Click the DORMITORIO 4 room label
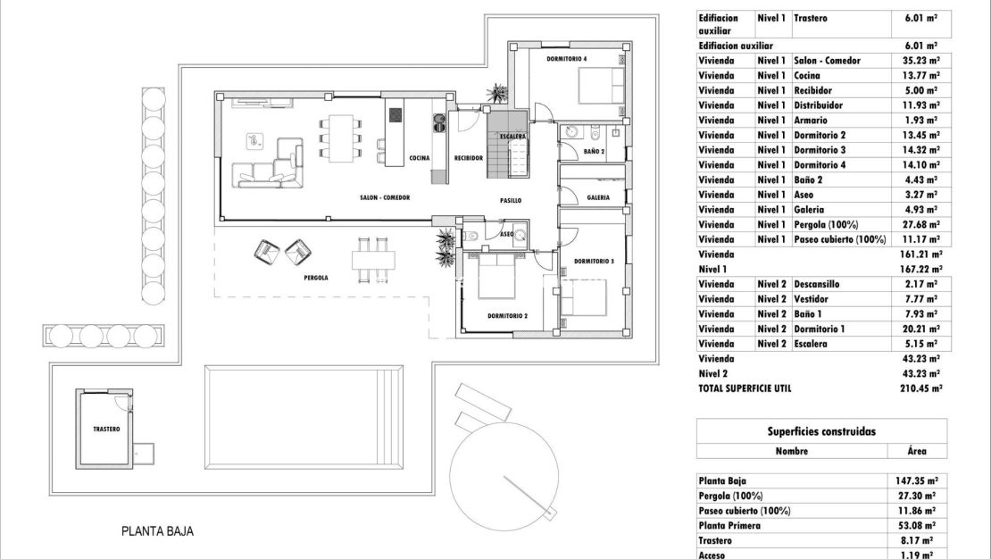coord(567,59)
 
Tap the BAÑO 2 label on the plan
coord(595,152)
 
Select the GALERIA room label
coord(598,197)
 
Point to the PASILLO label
coord(510,201)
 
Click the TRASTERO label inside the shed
coord(106,430)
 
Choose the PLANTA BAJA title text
coord(157,531)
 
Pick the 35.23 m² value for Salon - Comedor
coord(917,61)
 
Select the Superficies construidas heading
coord(820,431)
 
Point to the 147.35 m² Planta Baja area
coord(915,480)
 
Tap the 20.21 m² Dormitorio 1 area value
coord(917,329)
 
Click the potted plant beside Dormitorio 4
coord(496,93)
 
